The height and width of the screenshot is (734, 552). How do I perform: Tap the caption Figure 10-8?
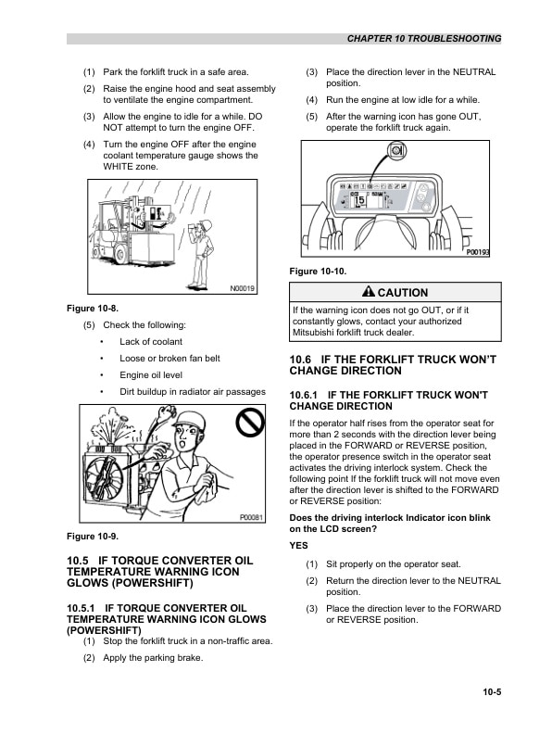coord(93,307)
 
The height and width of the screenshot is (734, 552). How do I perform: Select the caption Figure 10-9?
coord(93,536)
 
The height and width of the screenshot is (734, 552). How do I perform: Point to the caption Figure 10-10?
coord(318,271)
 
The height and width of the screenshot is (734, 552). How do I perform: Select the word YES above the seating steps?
coord(298,545)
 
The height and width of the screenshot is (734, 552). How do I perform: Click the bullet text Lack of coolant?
coord(151,342)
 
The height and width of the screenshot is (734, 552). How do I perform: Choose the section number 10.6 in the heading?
coord(300,358)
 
